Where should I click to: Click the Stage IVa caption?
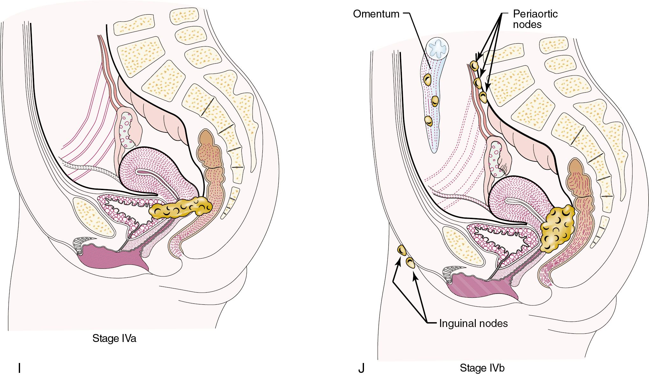114,338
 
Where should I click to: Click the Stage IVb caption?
482,368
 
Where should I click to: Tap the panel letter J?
361,368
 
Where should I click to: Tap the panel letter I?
19,368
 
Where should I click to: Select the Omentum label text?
376,14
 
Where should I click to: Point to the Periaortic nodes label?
535,19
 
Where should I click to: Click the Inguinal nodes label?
473,324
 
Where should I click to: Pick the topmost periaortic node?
474,66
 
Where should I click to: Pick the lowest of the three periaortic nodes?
483,97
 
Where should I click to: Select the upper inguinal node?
402,250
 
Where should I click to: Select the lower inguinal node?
410,263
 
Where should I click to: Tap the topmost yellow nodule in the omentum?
427,79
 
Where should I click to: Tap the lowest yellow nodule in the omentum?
429,121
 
